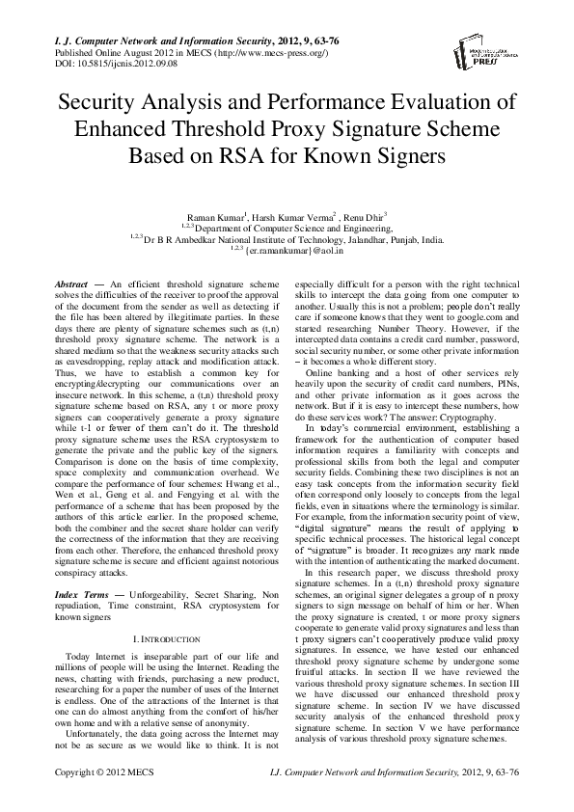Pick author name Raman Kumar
[214, 219]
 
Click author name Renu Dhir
[366, 219]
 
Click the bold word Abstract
[71, 287]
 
